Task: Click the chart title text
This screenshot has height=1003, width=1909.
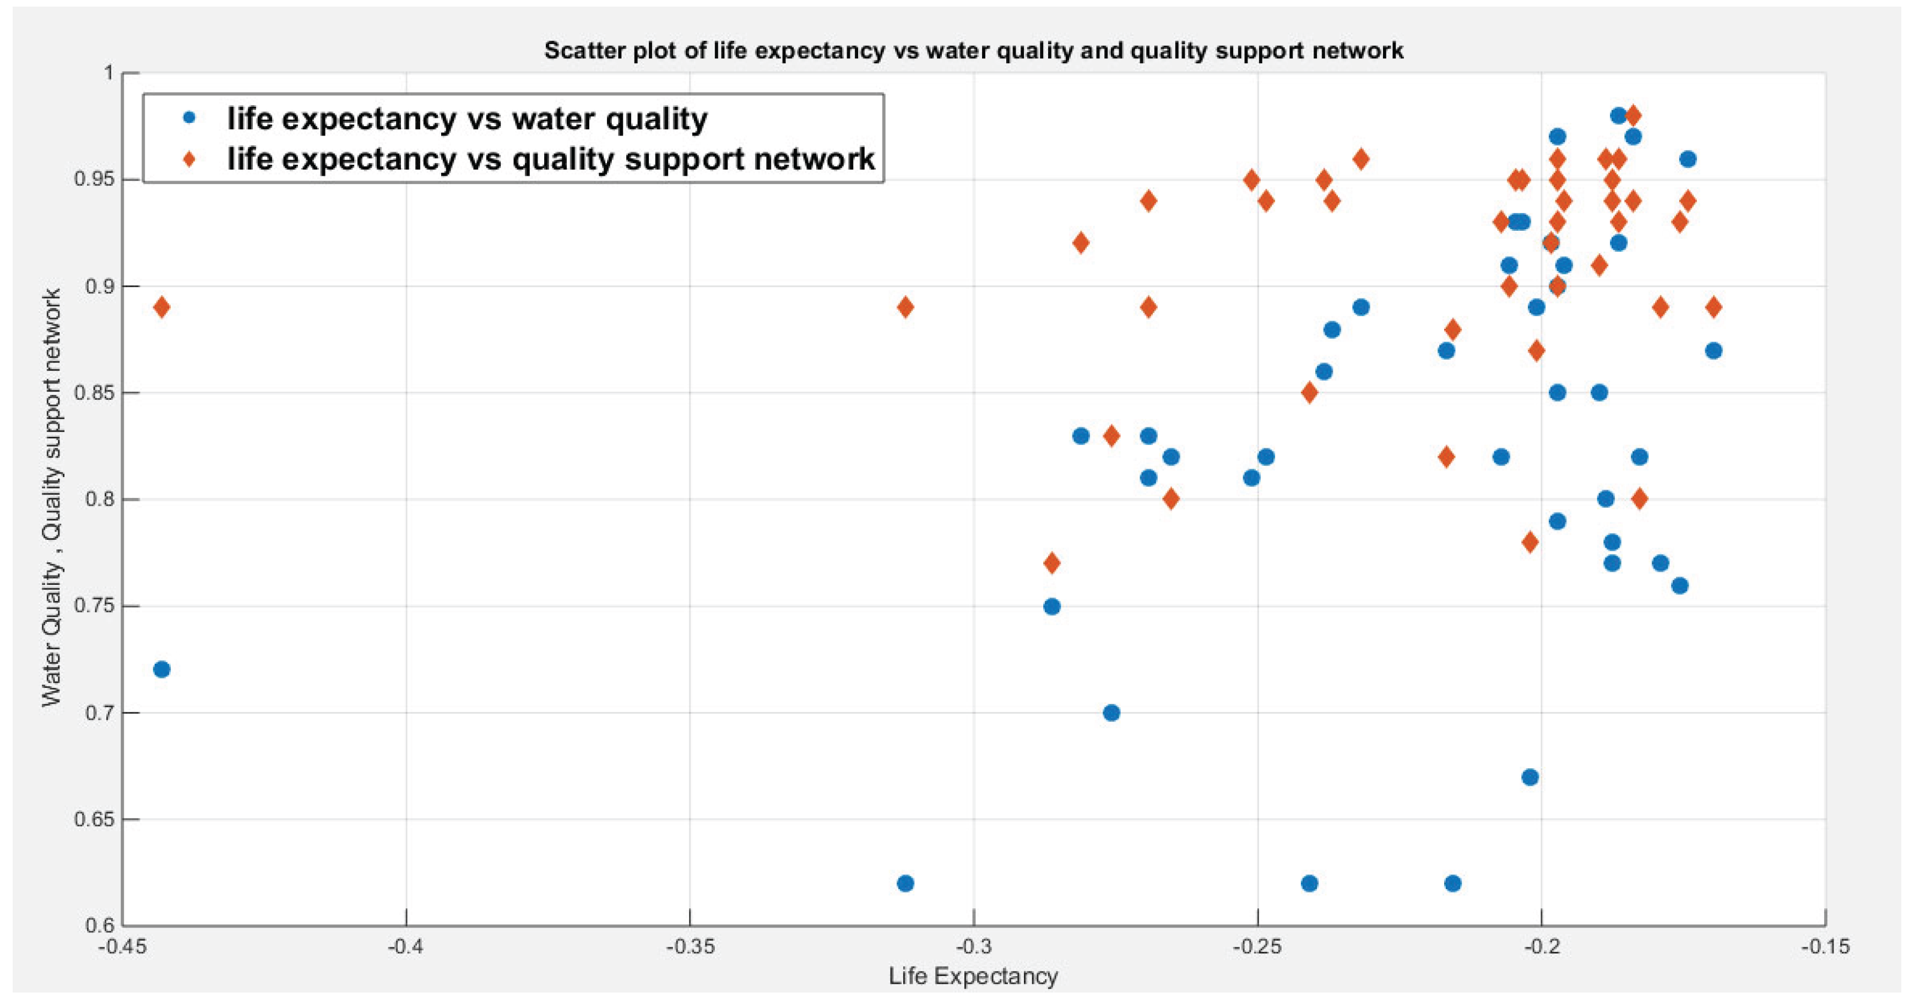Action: [x=973, y=51]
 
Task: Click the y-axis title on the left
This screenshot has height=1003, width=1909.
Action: [x=51, y=498]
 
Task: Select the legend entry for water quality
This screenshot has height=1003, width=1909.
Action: [x=467, y=118]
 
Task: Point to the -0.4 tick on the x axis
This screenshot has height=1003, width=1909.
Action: [x=406, y=947]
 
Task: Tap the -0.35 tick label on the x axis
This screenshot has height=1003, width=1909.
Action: [x=690, y=947]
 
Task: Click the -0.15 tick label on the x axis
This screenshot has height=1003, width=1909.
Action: [x=1825, y=947]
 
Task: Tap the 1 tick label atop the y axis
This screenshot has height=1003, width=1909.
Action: [x=108, y=73]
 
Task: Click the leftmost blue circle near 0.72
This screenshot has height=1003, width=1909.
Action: [x=161, y=669]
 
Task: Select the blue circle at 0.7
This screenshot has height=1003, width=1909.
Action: [x=1111, y=713]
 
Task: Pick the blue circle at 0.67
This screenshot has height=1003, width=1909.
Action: [x=1530, y=777]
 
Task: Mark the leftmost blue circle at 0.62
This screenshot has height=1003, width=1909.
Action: [x=905, y=883]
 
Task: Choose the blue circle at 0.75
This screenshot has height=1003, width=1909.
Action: [x=1051, y=606]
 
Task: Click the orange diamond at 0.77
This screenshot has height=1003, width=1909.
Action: [x=1051, y=563]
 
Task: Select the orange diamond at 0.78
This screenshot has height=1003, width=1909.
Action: [x=1530, y=542]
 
